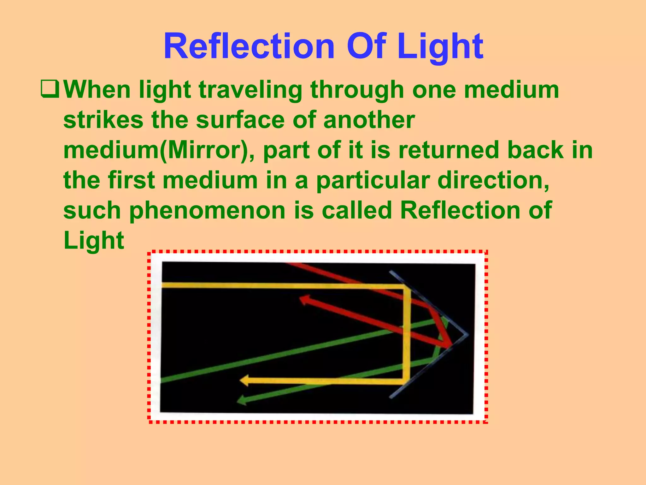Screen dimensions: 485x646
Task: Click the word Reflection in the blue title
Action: [249, 47]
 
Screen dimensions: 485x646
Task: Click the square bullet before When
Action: [50, 90]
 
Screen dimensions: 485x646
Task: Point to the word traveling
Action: [250, 90]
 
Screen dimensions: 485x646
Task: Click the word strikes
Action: [103, 120]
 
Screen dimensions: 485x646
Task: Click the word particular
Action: [373, 181]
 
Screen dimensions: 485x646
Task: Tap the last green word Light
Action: [94, 241]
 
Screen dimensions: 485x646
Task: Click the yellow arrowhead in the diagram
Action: [244, 380]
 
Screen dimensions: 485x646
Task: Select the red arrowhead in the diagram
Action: [304, 299]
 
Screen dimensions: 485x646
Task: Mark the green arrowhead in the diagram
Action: [242, 400]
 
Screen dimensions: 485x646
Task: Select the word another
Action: [369, 120]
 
